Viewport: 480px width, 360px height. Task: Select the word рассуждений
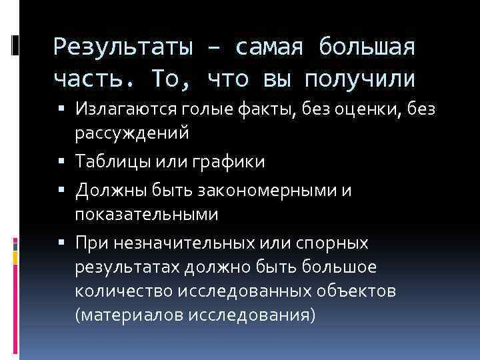pos(132,133)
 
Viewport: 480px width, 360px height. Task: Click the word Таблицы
pos(113,162)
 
